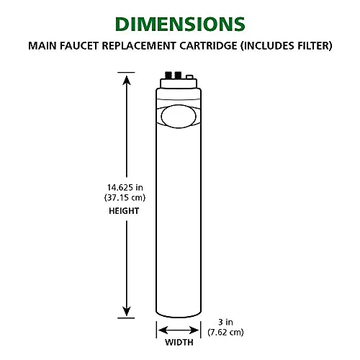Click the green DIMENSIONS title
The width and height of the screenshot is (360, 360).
(180, 24)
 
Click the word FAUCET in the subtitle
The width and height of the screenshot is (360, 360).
(79, 45)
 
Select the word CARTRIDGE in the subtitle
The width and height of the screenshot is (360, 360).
(208, 45)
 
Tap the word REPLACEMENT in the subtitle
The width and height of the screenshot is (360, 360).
(139, 45)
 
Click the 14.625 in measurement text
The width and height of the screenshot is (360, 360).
(125, 187)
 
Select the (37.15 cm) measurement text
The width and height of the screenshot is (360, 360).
(125, 198)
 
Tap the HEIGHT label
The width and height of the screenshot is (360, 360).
(124, 211)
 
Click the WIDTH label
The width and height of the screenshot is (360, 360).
(179, 342)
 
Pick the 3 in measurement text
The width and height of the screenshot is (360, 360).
(225, 322)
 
